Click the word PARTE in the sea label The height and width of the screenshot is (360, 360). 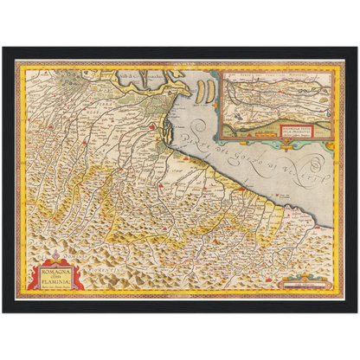coord(203,132)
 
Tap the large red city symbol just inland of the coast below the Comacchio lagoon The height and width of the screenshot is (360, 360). coord(151,129)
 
